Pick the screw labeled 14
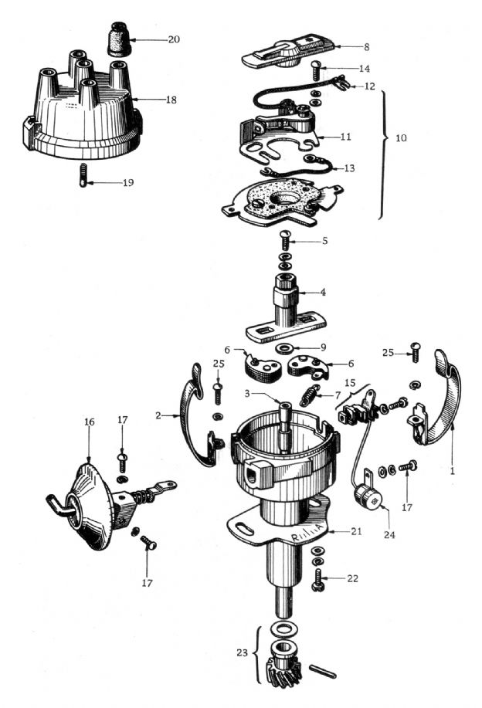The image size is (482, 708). (x=316, y=72)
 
